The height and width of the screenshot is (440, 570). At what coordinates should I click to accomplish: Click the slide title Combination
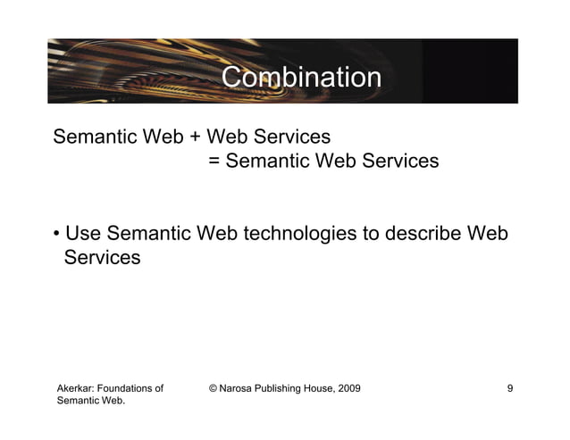pos(301,78)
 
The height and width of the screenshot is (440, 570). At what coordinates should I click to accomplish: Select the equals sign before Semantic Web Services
pos(214,162)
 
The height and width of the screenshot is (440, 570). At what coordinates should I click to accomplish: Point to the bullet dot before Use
pos(56,235)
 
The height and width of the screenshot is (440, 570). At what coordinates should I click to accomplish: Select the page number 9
pos(509,388)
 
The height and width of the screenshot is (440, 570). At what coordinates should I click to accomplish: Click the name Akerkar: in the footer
pos(78,388)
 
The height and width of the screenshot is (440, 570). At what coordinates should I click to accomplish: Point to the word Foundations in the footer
pos(132,388)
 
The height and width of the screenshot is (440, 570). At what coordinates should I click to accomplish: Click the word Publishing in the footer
pos(282,388)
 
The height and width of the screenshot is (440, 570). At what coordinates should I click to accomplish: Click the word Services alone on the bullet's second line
pos(102,258)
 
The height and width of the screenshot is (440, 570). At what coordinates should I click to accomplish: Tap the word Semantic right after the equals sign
pos(264,162)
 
